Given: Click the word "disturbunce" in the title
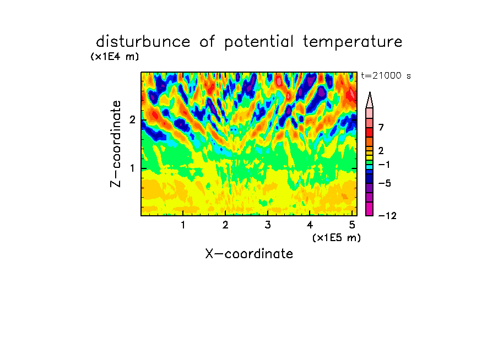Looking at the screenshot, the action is (x=143, y=41).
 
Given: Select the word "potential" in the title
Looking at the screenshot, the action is (x=259, y=42).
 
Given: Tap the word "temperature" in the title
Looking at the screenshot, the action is (x=353, y=42).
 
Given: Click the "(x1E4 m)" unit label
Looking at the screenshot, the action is (x=115, y=57).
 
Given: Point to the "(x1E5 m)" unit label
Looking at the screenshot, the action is (x=337, y=237).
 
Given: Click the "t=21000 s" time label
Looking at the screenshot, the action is (x=386, y=75).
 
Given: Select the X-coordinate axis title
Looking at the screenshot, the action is (x=249, y=254).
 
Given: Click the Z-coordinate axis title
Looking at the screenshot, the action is (x=116, y=144).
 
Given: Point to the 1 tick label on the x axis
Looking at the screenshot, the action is (x=183, y=225).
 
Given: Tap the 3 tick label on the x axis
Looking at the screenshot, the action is (x=268, y=225).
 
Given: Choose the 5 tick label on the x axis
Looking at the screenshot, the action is (x=352, y=225).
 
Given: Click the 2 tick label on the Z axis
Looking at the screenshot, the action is (x=132, y=119).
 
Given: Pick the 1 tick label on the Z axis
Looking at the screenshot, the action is (x=132, y=168).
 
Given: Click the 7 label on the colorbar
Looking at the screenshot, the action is (x=381, y=127).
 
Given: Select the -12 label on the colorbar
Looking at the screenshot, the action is (x=387, y=216).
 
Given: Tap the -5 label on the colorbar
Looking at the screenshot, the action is (x=385, y=183).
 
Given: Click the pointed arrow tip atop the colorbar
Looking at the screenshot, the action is (x=370, y=92).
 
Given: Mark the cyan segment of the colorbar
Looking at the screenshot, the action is (x=370, y=166).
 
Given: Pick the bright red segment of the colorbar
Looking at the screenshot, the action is (x=370, y=132).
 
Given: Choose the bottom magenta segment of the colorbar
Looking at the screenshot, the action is (x=370, y=209).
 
